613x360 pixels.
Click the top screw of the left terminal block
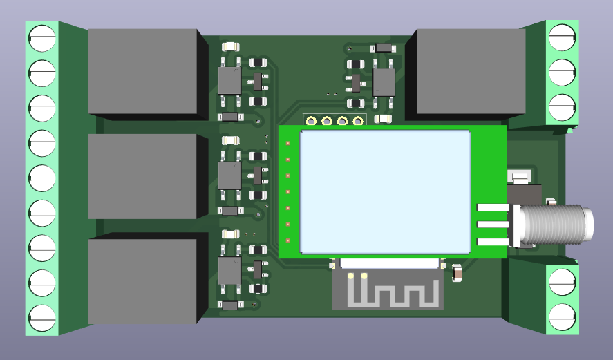tap(41, 37)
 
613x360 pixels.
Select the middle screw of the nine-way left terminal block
tap(41, 178)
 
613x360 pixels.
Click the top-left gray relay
tap(143, 72)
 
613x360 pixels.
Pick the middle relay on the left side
tap(143, 176)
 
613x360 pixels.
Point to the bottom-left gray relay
tap(143, 282)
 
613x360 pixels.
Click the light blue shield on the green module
tap(385, 191)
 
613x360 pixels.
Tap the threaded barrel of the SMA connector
tap(560, 225)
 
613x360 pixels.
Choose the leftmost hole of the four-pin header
tap(312, 122)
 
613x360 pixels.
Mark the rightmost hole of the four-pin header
tap(358, 122)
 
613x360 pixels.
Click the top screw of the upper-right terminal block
tap(562, 37)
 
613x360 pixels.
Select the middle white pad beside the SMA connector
tap(492, 224)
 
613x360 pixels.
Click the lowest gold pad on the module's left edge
tap(287, 240)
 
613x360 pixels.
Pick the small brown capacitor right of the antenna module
tap(457, 274)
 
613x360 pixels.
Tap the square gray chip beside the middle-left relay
tap(229, 176)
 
